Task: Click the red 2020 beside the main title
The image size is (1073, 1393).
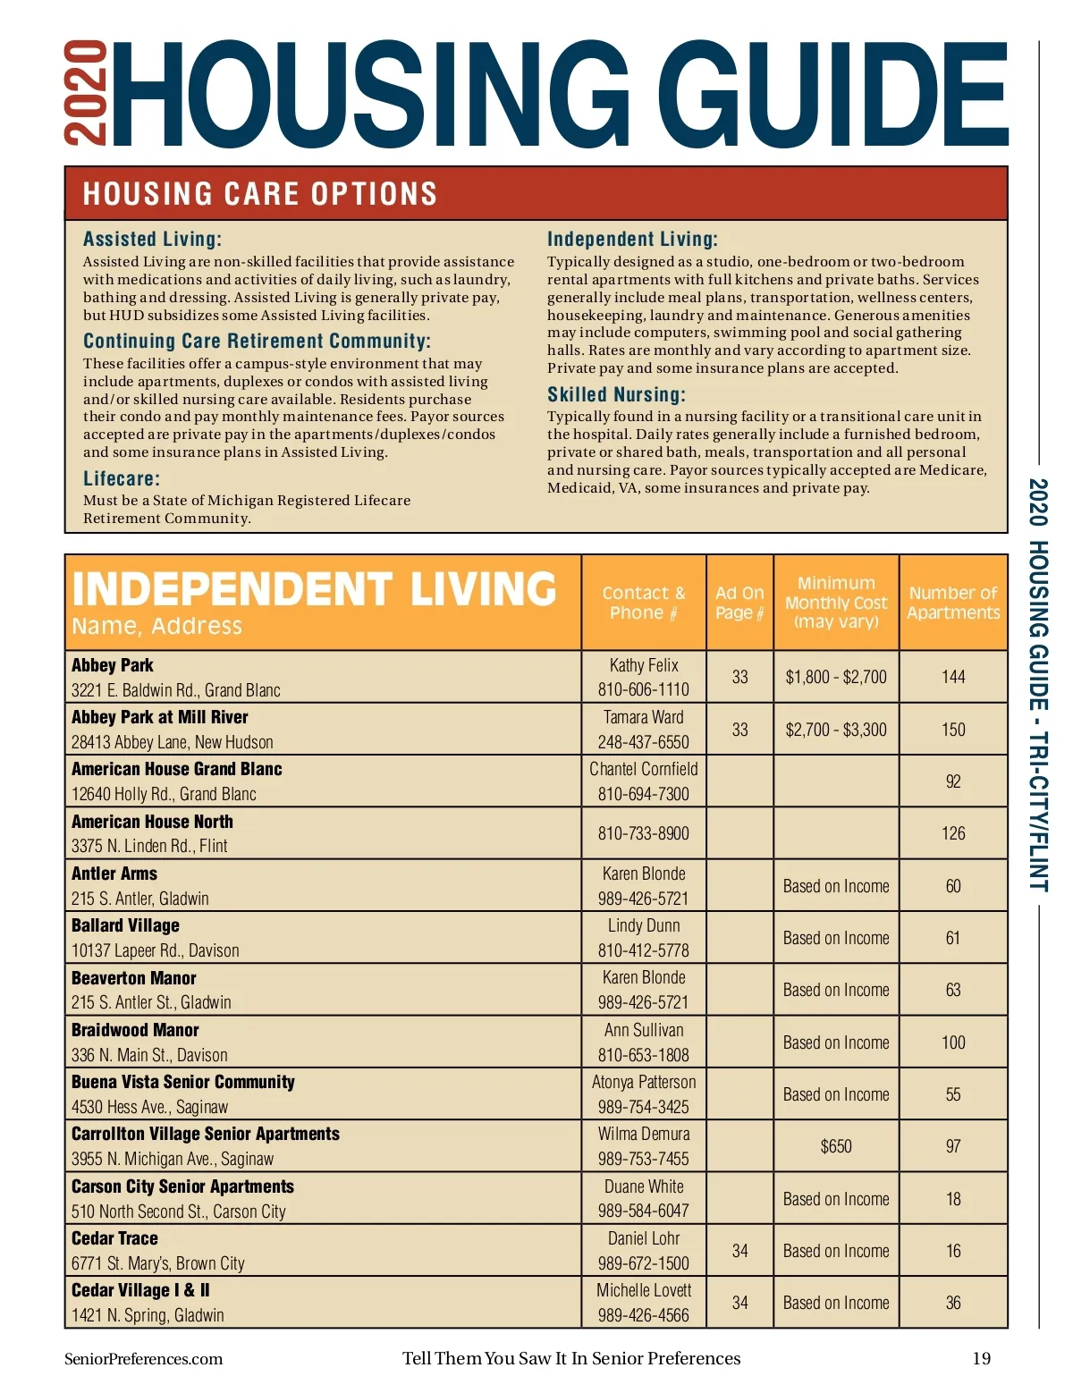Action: tap(86, 92)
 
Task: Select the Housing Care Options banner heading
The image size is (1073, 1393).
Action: tap(259, 194)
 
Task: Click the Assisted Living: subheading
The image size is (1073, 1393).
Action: tap(152, 239)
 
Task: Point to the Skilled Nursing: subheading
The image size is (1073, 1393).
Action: tap(616, 394)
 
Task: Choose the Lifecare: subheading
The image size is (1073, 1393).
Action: tap(122, 478)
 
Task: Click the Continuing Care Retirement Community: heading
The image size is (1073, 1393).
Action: tap(257, 341)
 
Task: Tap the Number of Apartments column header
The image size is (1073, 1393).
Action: tap(953, 603)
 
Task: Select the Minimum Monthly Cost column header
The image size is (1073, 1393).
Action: tap(836, 602)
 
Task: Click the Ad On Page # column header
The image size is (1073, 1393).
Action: tap(739, 603)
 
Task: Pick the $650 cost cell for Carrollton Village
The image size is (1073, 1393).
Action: tap(836, 1146)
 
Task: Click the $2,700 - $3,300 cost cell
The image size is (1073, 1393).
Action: tap(836, 730)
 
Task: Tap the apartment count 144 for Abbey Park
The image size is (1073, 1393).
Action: tap(953, 677)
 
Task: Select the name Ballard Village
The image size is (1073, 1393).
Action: tap(125, 925)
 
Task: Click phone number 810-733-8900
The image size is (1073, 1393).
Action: tap(643, 833)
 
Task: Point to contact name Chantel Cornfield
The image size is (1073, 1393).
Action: tap(643, 769)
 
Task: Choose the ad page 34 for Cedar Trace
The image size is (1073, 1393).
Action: tap(739, 1251)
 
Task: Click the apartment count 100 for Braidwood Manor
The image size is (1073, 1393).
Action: tap(953, 1043)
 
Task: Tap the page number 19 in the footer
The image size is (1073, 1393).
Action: tap(981, 1359)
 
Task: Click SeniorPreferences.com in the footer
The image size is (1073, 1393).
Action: tap(143, 1359)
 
